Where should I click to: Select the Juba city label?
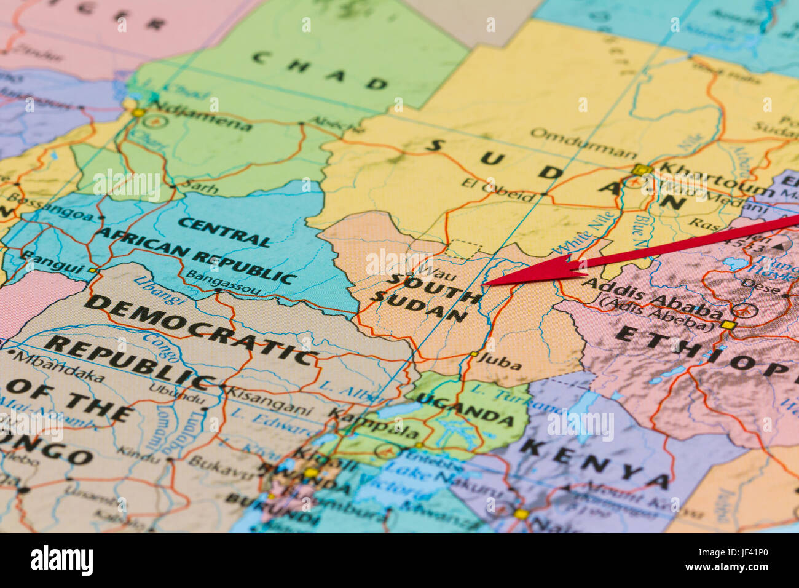coord(498,362)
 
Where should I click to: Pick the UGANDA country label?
coord(465,409)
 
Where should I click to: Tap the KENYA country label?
coord(593,464)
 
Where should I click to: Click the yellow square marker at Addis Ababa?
coord(728,325)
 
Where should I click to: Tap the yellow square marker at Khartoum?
coord(641,169)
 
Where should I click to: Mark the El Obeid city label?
coord(498,190)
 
